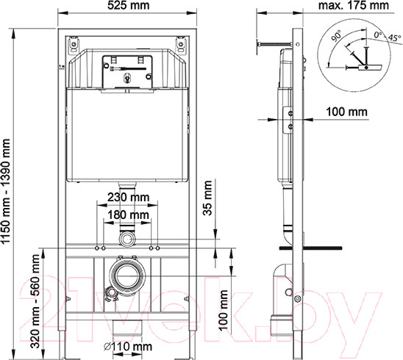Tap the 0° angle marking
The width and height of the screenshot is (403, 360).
tap(378, 33)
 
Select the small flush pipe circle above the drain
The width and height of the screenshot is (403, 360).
tap(128, 240)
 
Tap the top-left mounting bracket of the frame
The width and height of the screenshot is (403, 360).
tap(74, 45)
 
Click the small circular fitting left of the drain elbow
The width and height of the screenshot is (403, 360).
tap(112, 295)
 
